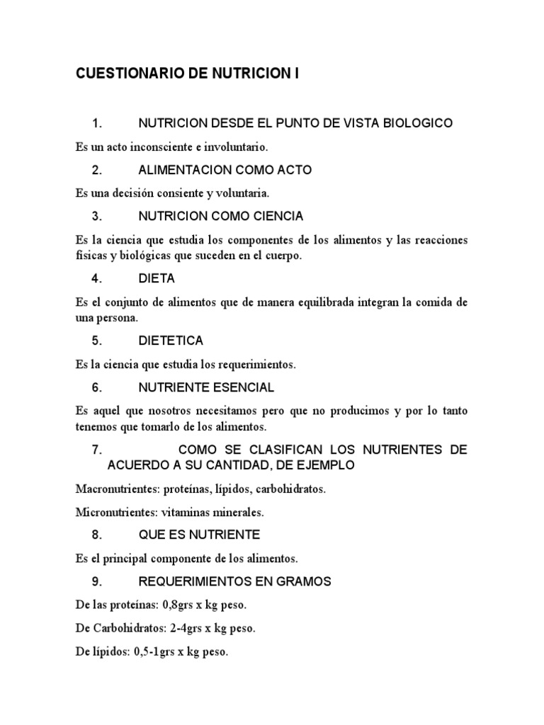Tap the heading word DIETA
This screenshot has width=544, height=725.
(x=157, y=278)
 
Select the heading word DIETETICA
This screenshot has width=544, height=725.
(x=171, y=341)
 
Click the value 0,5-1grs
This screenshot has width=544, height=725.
(x=157, y=652)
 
